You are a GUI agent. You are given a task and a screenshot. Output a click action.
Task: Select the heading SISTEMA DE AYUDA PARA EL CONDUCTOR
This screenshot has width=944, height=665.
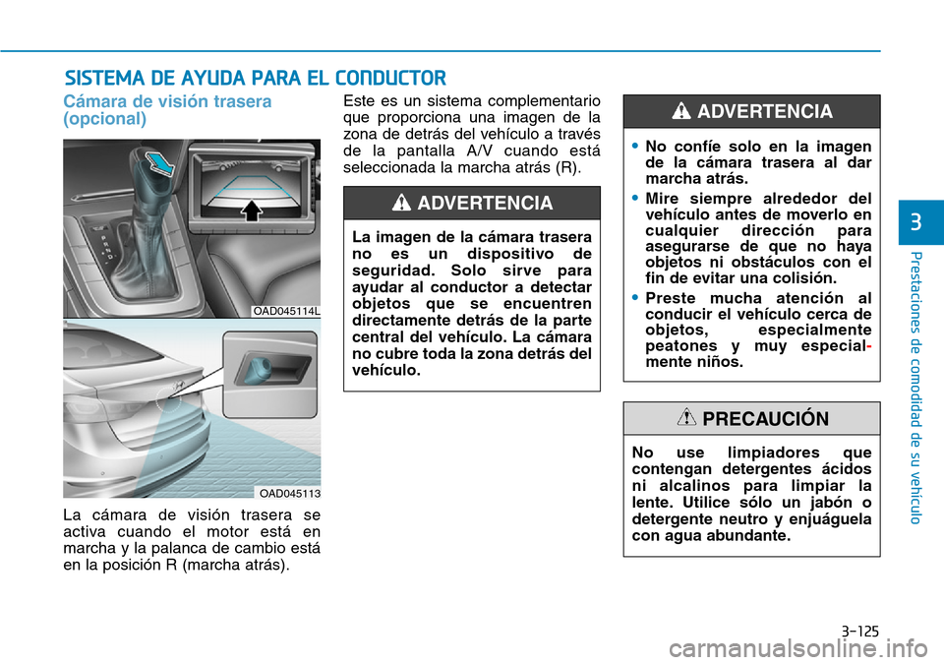tap(255, 78)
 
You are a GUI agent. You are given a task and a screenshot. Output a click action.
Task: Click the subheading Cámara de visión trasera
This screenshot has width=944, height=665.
tap(167, 101)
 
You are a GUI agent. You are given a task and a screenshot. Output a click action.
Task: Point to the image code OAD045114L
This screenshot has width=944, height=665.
tap(287, 311)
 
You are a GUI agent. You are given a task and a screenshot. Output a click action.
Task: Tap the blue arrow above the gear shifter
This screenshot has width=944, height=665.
tap(161, 161)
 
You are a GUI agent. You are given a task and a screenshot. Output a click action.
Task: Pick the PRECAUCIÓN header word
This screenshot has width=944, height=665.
tap(766, 418)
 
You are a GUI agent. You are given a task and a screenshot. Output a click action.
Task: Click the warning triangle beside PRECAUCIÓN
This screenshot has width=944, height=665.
tap(687, 418)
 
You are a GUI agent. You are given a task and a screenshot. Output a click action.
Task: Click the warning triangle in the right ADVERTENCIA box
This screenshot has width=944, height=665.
tap(680, 112)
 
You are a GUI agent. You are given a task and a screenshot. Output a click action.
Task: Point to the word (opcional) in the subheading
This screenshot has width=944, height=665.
tap(105, 119)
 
